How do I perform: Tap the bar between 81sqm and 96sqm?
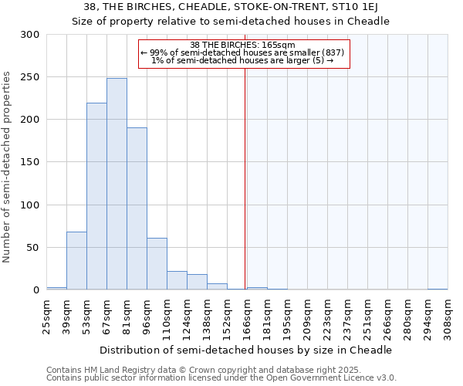point(137,208)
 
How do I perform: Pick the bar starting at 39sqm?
point(76,260)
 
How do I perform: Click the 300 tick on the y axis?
point(30,35)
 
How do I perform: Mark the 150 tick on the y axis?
point(30,162)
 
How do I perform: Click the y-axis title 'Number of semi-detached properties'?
point(8,168)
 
